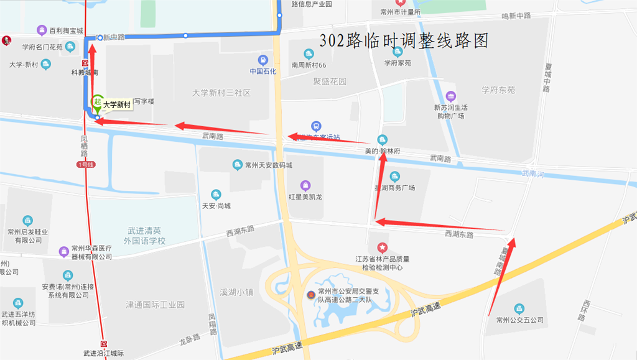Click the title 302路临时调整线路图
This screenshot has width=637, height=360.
(x=404, y=41)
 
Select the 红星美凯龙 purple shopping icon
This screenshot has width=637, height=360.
(x=305, y=185)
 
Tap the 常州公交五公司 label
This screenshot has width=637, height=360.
(x=519, y=320)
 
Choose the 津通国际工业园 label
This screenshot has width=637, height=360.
(x=155, y=305)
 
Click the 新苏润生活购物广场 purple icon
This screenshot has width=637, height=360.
(x=450, y=96)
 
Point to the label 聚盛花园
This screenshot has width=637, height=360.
(x=330, y=81)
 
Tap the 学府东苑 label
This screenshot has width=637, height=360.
(x=498, y=90)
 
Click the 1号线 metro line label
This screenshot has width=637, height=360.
(x=85, y=164)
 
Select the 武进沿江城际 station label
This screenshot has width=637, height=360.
(x=103, y=353)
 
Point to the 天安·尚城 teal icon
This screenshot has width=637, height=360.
(x=216, y=194)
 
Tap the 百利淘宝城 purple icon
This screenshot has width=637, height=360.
(x=42, y=30)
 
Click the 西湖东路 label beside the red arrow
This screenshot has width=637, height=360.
(x=459, y=234)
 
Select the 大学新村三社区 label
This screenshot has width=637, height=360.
(x=221, y=93)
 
